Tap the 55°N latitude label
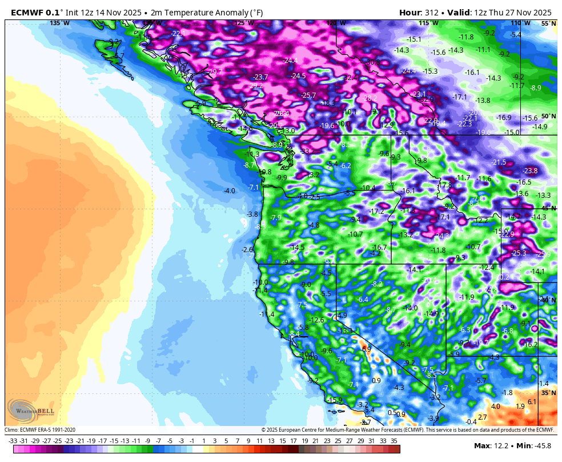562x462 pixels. click(548, 23)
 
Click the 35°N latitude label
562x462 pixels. click(548, 393)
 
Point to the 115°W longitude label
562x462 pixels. click(428, 23)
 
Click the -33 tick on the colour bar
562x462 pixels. click(13, 441)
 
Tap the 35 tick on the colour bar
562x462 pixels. click(394, 441)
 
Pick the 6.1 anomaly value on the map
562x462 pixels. click(532, 402)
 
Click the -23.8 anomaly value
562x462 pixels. click(530, 171)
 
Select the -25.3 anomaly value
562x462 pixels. click(519, 253)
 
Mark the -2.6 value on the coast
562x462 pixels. click(247, 250)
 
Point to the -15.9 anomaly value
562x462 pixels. click(335, 400)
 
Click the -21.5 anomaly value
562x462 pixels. click(499, 162)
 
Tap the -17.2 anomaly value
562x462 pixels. click(377, 212)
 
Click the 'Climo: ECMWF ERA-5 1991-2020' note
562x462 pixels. click(40, 430)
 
